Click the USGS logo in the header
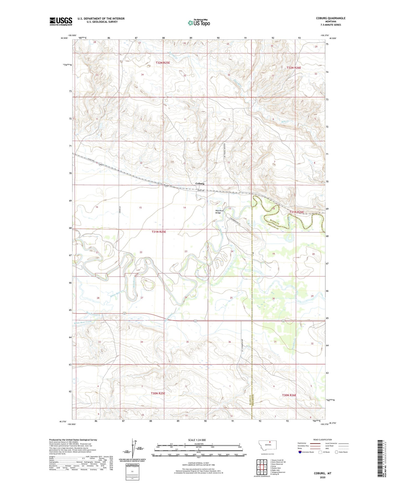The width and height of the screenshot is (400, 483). click(x=61, y=21)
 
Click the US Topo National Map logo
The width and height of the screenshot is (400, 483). click(x=198, y=23)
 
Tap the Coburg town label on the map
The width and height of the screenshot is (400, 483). click(x=200, y=184)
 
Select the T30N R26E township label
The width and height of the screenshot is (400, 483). click(x=289, y=395)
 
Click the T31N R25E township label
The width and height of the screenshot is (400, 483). click(x=159, y=232)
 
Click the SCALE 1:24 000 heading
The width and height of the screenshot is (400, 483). click(x=197, y=440)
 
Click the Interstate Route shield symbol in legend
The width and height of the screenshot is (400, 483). click(x=300, y=452)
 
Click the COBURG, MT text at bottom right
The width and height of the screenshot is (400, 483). click(x=322, y=473)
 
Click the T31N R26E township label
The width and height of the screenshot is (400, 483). click(x=296, y=212)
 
